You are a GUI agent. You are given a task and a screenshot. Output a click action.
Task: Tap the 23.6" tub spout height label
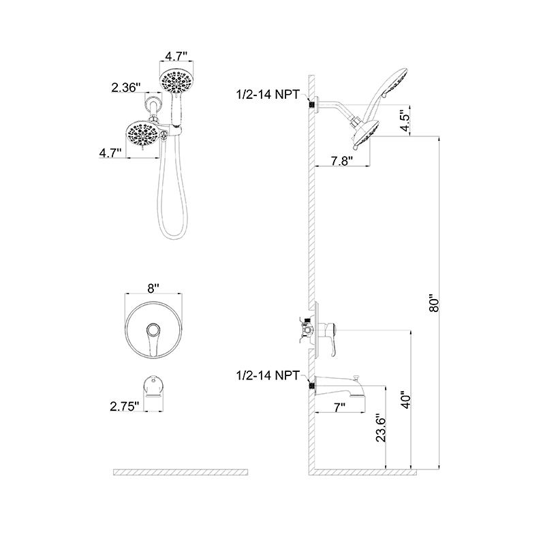(x=381, y=429)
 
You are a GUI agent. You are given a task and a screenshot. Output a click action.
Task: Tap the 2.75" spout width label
(x=124, y=406)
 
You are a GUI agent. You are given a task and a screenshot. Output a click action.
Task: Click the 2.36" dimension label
(x=127, y=87)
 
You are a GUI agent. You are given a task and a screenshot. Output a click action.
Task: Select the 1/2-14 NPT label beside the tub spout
(x=267, y=375)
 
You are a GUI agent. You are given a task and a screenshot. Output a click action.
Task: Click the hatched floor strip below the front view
(x=180, y=472)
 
